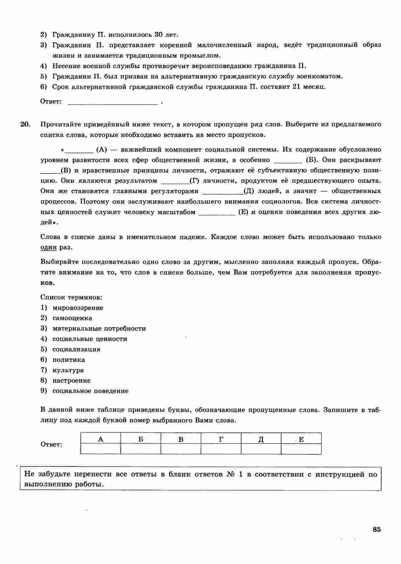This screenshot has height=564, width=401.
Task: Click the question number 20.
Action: point(25,124)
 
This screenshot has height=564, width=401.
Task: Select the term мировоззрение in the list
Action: point(78,308)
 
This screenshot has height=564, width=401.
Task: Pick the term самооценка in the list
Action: point(72,318)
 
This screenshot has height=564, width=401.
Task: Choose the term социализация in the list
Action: point(76,349)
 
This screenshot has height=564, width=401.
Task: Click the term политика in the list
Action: point(69,359)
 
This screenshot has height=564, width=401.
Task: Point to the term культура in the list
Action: point(68,370)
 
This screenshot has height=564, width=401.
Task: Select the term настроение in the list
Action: point(71,381)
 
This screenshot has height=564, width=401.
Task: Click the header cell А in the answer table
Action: point(101,439)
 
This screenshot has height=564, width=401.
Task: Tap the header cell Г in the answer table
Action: point(221,439)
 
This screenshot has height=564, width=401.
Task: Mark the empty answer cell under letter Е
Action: point(301,449)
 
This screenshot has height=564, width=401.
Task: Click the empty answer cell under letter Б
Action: point(141,449)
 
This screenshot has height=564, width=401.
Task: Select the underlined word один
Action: point(48,247)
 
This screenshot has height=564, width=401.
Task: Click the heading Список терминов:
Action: point(71,297)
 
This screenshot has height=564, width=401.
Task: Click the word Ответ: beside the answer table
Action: point(51,444)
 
